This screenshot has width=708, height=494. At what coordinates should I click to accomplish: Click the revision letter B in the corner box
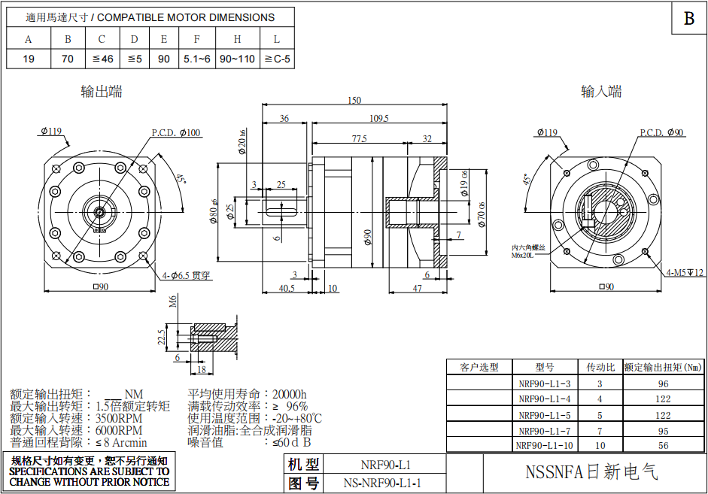click(688, 19)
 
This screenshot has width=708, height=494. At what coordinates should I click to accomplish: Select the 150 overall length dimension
click(354, 101)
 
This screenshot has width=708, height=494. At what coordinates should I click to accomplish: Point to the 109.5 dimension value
click(379, 118)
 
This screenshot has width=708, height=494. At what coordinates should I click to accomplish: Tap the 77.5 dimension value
click(359, 139)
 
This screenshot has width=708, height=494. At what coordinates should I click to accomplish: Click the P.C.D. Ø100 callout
click(176, 133)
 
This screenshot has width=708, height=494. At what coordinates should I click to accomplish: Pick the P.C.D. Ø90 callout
click(662, 133)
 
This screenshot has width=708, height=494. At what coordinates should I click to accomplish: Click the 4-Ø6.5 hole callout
click(184, 275)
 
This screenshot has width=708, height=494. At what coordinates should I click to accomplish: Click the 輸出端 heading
click(102, 92)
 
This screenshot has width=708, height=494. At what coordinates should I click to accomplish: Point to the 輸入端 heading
click(601, 92)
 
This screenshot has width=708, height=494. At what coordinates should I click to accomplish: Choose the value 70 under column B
click(68, 59)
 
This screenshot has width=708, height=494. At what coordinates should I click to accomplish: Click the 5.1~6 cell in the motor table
click(196, 59)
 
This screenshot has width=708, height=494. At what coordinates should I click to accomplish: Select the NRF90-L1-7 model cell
click(545, 431)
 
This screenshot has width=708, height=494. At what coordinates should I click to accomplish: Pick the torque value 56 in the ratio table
click(664, 446)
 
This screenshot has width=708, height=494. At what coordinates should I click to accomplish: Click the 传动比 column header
click(600, 367)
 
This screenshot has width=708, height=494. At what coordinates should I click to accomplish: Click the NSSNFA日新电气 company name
click(591, 472)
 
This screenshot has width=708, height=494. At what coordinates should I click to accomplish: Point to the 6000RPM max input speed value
click(119, 430)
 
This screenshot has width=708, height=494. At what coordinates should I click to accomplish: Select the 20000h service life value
click(290, 394)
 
